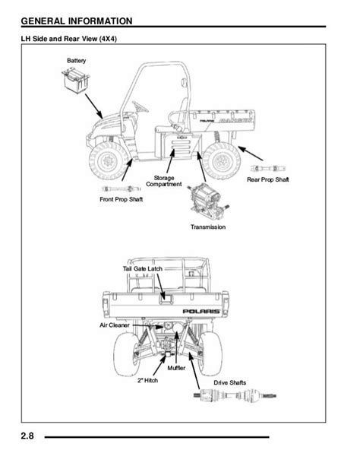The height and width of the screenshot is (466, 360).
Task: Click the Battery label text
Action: [x=77, y=61]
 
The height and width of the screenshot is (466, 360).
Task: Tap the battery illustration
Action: [x=76, y=81]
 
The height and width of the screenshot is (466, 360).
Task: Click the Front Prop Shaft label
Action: [x=122, y=199]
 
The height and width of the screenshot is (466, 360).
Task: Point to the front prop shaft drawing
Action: [x=122, y=189]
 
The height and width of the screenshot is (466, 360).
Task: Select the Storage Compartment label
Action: [x=163, y=181]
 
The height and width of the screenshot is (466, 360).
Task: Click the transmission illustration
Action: [x=208, y=201]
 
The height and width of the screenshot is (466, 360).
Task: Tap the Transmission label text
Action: [x=208, y=227]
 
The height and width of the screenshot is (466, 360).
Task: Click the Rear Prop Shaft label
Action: [x=268, y=179]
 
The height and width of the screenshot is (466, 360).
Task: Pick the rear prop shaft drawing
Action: [x=268, y=169]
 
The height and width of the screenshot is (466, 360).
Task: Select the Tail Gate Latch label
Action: [x=143, y=268]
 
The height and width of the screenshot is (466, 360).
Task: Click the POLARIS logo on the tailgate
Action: [x=201, y=311]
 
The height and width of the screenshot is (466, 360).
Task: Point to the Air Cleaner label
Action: [x=115, y=325]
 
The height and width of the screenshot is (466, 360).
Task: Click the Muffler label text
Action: [x=176, y=368]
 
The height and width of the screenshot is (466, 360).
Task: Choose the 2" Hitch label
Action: [x=147, y=380]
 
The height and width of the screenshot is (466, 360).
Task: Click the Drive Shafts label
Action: [x=230, y=382]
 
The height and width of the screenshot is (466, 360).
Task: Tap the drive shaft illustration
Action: [x=235, y=395]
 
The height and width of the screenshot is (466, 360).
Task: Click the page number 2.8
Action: [x=27, y=436]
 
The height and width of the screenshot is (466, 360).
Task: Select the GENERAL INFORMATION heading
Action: [x=77, y=21]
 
